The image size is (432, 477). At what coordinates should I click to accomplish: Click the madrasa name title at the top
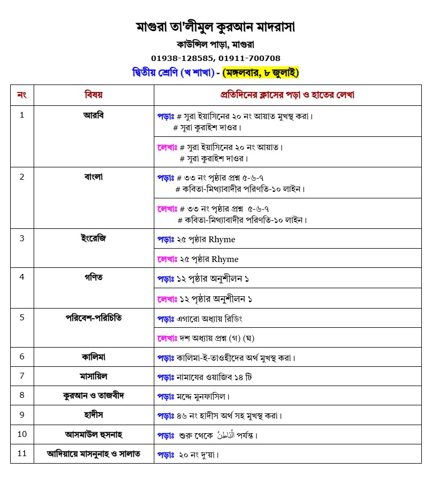pos(216,26)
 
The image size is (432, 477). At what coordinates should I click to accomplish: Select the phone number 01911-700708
pos(251,58)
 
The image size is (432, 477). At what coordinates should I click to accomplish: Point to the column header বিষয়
pos(93,95)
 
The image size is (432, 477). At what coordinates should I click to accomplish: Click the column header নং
pos(22,95)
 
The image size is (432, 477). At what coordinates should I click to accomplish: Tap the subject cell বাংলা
pos(93,176)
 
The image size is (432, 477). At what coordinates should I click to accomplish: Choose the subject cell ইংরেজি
pos(93,238)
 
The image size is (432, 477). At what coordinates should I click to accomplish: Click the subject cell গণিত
pos(93,277)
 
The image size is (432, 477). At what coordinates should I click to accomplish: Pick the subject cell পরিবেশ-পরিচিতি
pos(93,317)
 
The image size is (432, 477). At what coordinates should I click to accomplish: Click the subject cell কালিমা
pos(93,356)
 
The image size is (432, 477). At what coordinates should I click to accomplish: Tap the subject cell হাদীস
pos(93,414)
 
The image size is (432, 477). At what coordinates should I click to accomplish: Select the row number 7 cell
pos(22,376)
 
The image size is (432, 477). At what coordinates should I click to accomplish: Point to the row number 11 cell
pos(22,453)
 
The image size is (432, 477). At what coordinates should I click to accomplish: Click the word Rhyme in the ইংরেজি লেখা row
pos(225,259)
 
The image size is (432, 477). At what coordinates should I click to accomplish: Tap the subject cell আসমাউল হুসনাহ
pos(93,434)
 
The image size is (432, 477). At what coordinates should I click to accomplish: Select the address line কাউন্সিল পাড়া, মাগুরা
pos(216,44)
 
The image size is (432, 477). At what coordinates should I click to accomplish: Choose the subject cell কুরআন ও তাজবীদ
pos(93,395)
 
